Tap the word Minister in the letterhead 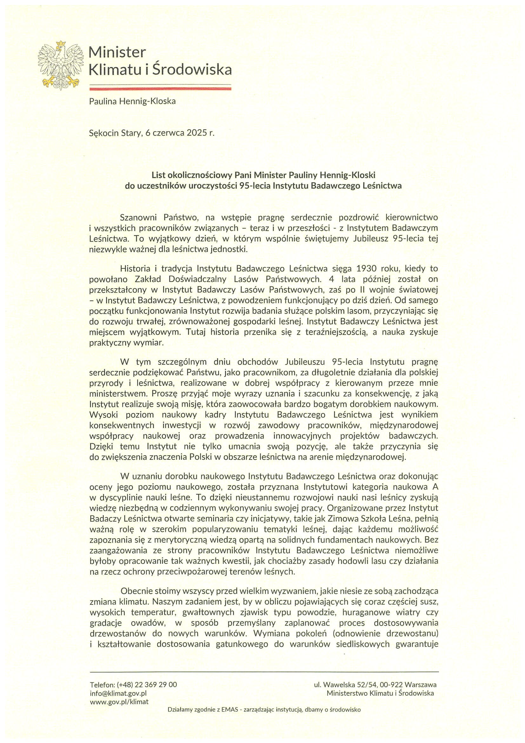coord(117,52)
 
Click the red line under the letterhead coord(160,88)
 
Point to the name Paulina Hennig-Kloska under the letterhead coord(132,101)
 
